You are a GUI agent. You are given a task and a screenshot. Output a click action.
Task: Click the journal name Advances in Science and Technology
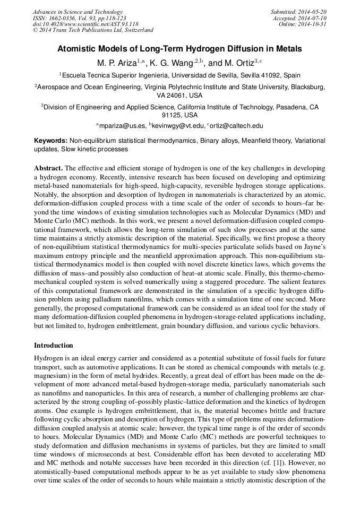click(x=78, y=12)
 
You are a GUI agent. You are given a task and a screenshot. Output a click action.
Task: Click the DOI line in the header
click(x=85, y=24)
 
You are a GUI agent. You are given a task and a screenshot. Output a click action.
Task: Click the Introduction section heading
click(x=54, y=345)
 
